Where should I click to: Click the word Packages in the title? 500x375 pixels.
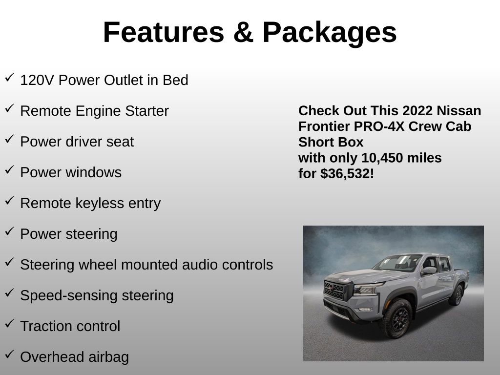(x=330, y=32)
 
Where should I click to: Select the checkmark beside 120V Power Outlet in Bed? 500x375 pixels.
(x=9, y=78)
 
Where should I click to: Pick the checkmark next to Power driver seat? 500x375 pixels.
(x=9, y=139)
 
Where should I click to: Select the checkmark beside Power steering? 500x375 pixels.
(x=9, y=231)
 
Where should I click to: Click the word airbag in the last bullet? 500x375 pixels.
(x=109, y=357)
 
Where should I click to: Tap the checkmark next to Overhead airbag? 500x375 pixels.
(x=9, y=354)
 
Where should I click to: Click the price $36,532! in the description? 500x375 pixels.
(x=347, y=174)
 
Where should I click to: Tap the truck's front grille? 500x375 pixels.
(x=334, y=290)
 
